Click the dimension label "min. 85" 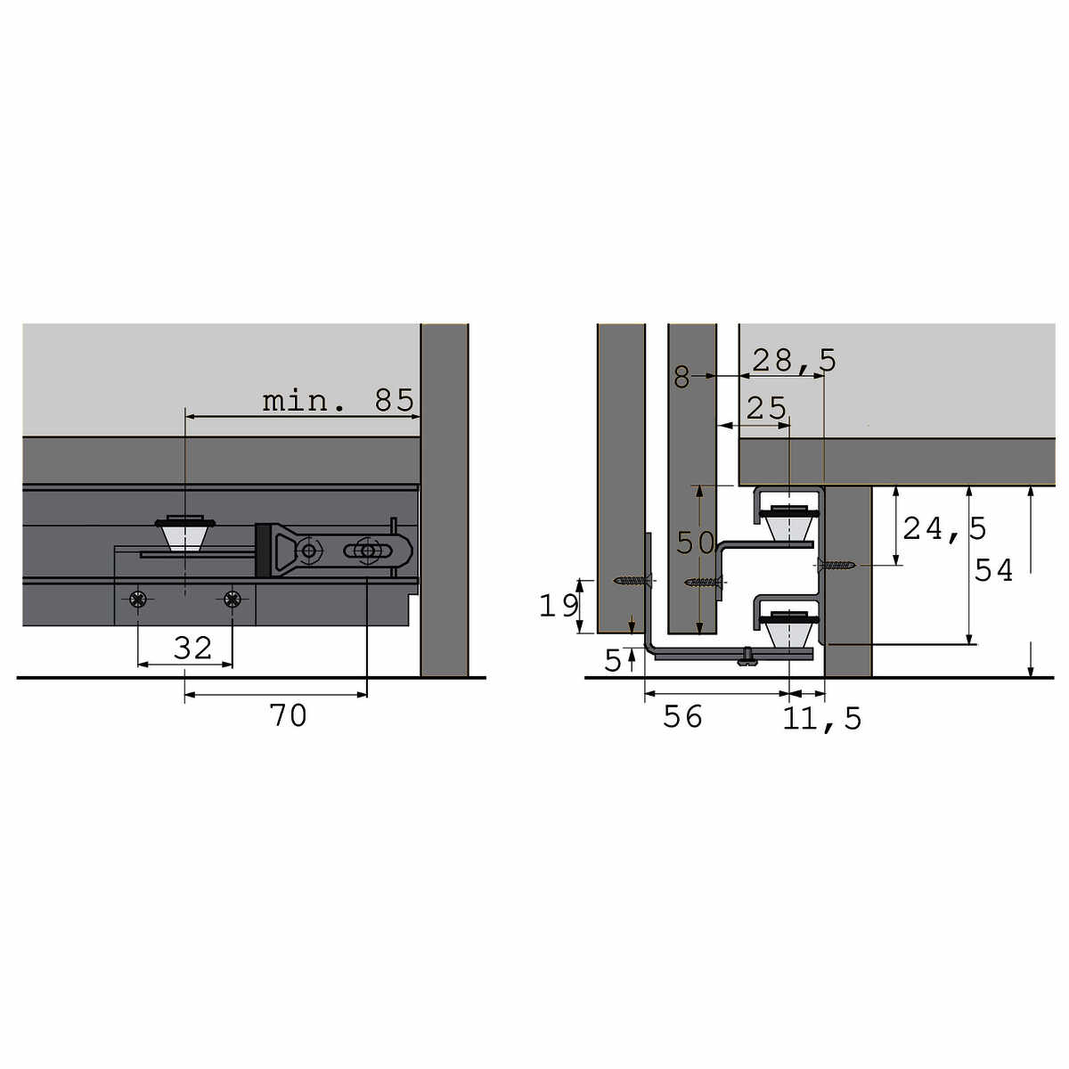pyautogui.click(x=339, y=400)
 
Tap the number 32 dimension pyautogui.click(x=192, y=648)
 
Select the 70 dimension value pyautogui.click(x=288, y=715)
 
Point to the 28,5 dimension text pyautogui.click(x=794, y=360)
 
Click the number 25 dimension pyautogui.click(x=767, y=409)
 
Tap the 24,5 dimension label pyautogui.click(x=945, y=528)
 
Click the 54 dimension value pyautogui.click(x=993, y=570)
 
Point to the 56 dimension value pyautogui.click(x=682, y=716)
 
